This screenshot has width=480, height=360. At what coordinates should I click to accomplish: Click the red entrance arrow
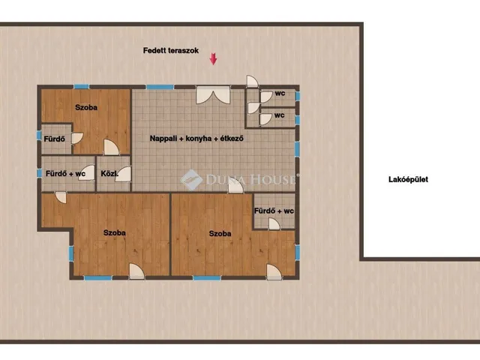click(213, 58)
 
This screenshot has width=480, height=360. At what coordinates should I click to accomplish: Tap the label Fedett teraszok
click(171, 50)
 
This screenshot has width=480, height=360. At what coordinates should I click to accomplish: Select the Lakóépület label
click(408, 179)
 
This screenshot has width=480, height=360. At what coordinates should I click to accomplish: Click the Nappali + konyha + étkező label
click(196, 138)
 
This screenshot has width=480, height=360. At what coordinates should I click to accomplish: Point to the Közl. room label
click(109, 174)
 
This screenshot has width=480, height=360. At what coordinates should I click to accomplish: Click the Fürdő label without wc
click(55, 139)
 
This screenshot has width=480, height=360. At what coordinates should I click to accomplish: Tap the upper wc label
click(280, 93)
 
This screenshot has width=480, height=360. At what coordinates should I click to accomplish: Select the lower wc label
click(279, 115)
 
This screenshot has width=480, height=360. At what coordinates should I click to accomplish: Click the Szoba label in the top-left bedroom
click(86, 107)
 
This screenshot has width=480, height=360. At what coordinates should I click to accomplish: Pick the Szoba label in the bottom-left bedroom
click(115, 232)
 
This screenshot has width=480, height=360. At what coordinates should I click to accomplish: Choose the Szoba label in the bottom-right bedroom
click(220, 233)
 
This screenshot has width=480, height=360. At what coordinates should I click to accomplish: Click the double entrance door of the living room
click(213, 94)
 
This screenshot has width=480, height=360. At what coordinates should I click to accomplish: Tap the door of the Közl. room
click(123, 174)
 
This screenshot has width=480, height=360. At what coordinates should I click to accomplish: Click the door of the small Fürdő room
click(77, 138)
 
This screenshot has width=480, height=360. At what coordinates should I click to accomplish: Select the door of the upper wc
click(265, 97)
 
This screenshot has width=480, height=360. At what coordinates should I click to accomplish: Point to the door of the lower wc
click(265, 119)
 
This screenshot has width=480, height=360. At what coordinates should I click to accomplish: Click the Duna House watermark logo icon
click(191, 180)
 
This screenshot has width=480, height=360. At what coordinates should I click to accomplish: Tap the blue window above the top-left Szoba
click(82, 87)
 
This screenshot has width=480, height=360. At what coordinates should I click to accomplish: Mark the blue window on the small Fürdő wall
click(39, 135)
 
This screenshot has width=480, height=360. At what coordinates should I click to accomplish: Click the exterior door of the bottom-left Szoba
click(136, 271)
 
